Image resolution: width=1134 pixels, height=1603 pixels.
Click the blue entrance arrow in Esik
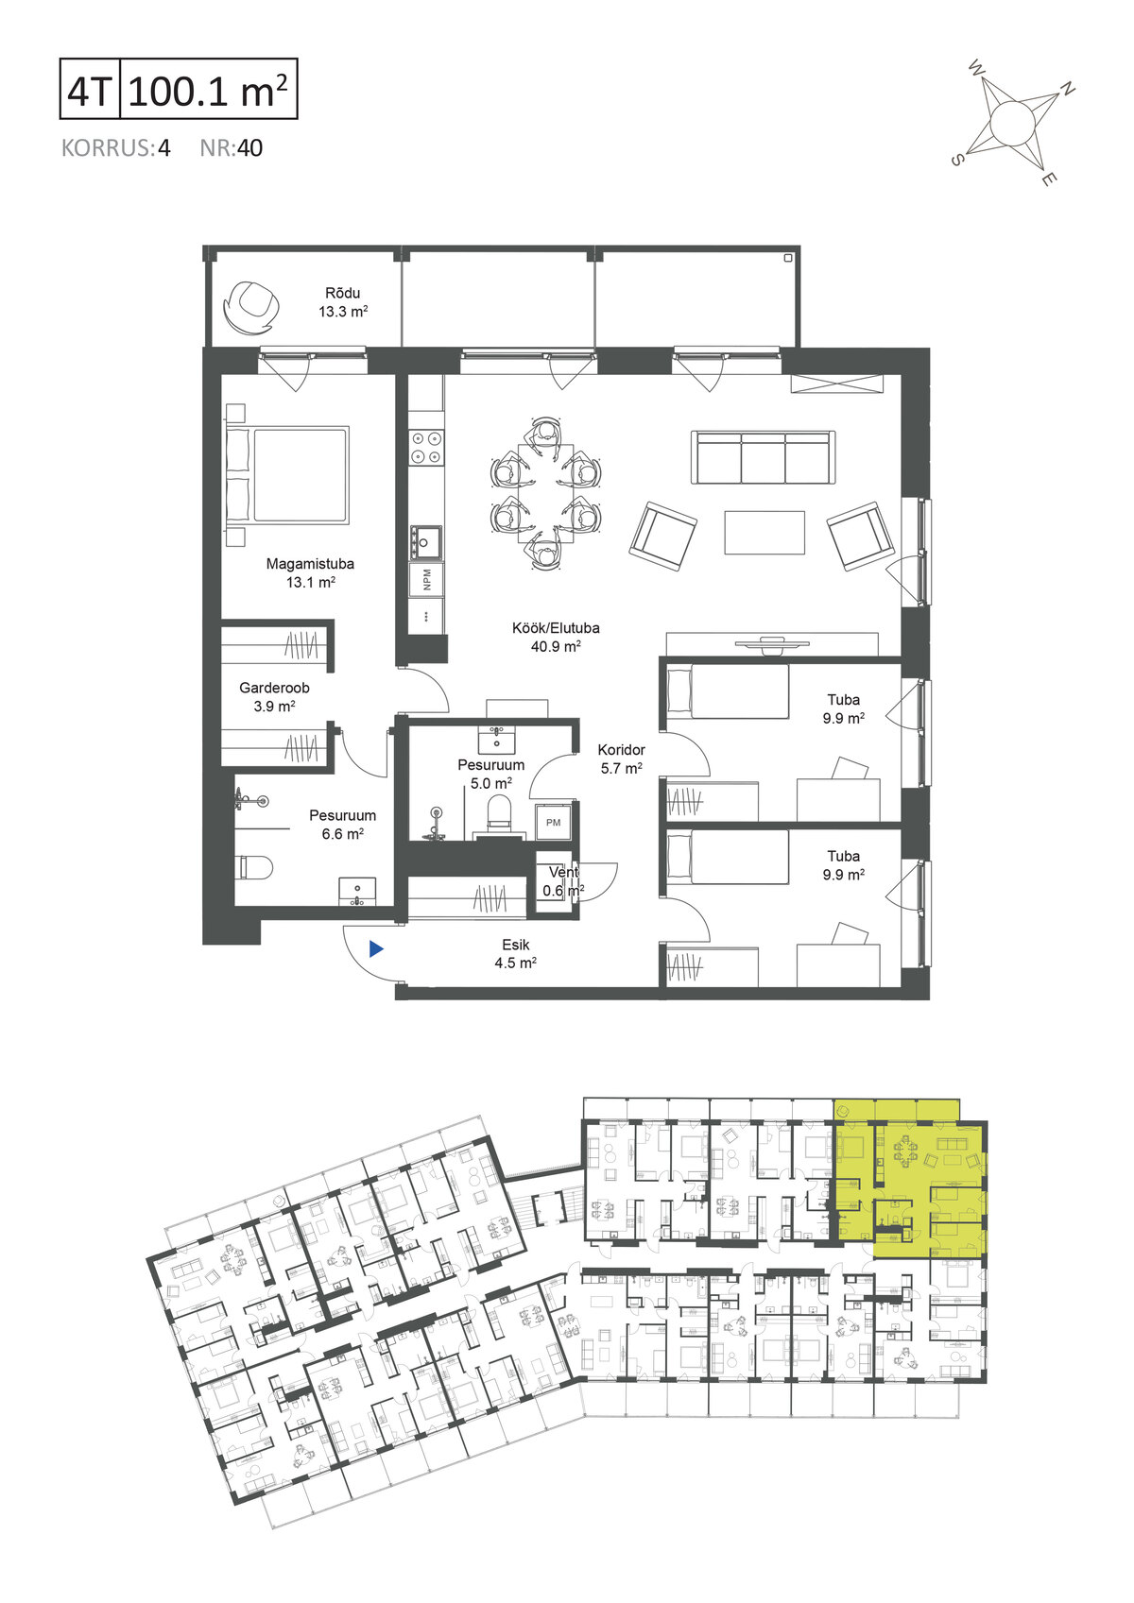pyautogui.click(x=376, y=949)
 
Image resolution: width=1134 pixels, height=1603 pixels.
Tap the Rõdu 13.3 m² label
pyautogui.click(x=343, y=302)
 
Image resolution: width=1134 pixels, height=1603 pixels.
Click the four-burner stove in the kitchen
pyautogui.click(x=426, y=447)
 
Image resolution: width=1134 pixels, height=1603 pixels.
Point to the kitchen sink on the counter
pyautogui.click(x=425, y=541)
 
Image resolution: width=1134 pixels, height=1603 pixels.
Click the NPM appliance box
pyautogui.click(x=426, y=580)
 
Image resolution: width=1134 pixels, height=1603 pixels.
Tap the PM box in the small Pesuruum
pyautogui.click(x=553, y=822)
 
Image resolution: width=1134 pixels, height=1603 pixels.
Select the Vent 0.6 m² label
pyautogui.click(x=562, y=881)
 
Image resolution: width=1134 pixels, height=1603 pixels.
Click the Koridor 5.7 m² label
pyautogui.click(x=622, y=759)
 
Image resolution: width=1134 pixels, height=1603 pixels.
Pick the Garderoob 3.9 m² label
pyautogui.click(x=274, y=697)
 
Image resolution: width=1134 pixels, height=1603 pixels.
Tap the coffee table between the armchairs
pyautogui.click(x=765, y=533)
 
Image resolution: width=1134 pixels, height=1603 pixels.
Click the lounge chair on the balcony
pyautogui.click(x=249, y=306)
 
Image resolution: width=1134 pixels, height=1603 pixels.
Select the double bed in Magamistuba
pyautogui.click(x=288, y=475)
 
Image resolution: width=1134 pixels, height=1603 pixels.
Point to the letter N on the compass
pyautogui.click(x=1067, y=89)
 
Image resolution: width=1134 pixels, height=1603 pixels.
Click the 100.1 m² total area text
pyautogui.click(x=208, y=91)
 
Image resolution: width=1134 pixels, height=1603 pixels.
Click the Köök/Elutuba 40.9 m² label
pyautogui.click(x=556, y=637)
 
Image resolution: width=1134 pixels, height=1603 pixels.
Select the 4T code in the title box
pyautogui.click(x=90, y=91)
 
